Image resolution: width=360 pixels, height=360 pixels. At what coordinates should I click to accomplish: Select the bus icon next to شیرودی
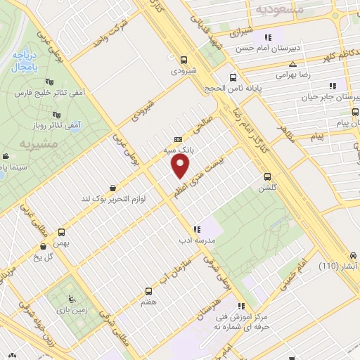coord(183,60)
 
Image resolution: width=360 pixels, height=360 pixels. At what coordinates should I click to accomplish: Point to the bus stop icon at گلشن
coord(266,176)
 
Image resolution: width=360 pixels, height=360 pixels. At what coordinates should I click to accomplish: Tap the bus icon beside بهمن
coord(62,232)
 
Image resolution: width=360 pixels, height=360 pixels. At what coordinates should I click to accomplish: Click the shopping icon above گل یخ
coord(45,246)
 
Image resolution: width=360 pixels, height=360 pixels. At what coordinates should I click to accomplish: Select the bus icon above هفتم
coord(148,290)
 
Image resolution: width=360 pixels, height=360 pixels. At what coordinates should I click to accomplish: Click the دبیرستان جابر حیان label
coord(330,98)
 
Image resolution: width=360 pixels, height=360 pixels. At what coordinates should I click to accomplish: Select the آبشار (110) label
coord(337,266)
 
